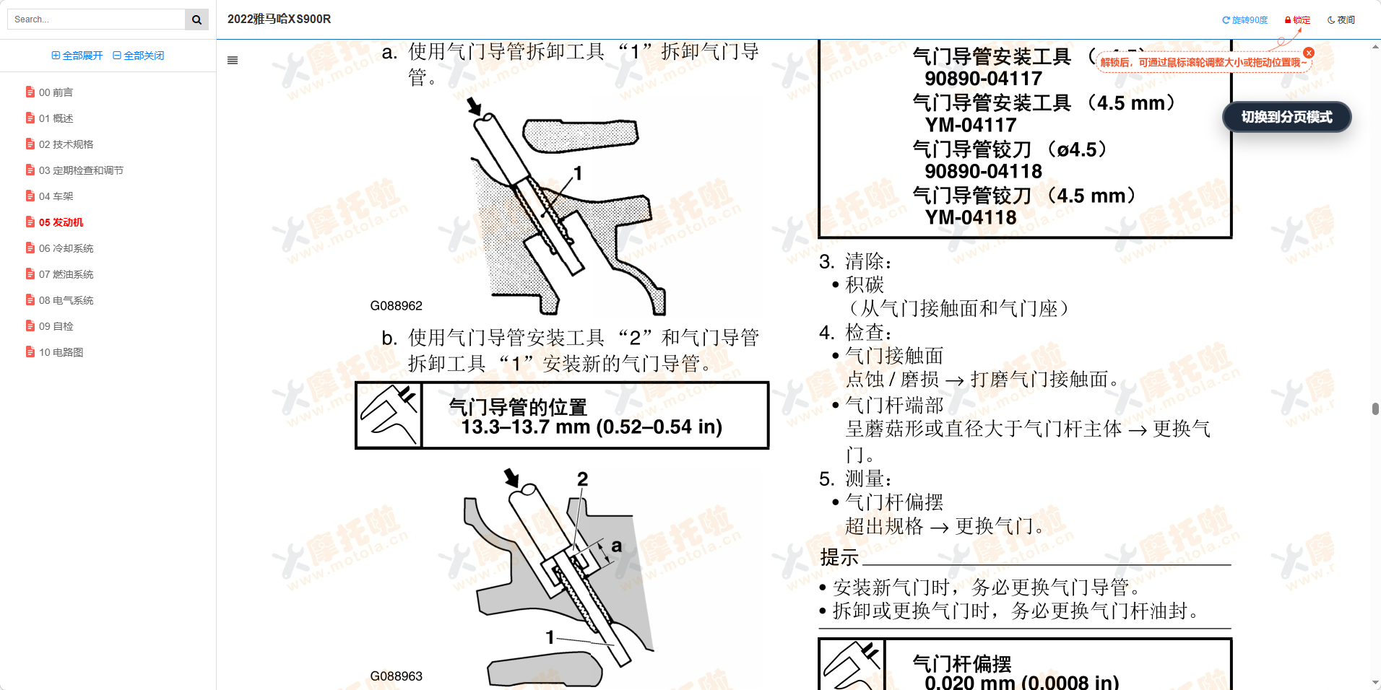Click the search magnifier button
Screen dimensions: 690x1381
click(x=196, y=19)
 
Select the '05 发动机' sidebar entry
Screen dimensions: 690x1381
click(x=61, y=222)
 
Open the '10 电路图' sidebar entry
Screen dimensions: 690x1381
click(x=61, y=352)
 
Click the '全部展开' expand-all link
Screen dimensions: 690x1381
click(x=77, y=56)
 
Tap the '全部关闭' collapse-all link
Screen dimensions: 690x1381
click(x=139, y=56)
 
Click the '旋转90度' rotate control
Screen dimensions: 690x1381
click(x=1244, y=20)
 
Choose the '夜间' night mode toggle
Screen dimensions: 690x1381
click(x=1341, y=20)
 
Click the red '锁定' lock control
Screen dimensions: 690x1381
click(x=1297, y=20)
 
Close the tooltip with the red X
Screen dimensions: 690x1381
click(x=1309, y=53)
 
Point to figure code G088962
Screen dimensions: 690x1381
click(x=396, y=306)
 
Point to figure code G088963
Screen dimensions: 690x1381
click(x=396, y=676)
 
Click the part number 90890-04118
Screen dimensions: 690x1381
click(x=983, y=171)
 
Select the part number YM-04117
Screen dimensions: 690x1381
click(x=971, y=125)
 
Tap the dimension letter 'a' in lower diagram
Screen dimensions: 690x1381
click(x=616, y=546)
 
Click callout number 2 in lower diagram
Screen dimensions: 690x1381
click(x=582, y=479)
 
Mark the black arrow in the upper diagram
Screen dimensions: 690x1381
click(x=474, y=107)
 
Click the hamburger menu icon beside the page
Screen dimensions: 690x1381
click(x=233, y=61)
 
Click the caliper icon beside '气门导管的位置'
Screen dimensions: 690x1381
click(x=389, y=416)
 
